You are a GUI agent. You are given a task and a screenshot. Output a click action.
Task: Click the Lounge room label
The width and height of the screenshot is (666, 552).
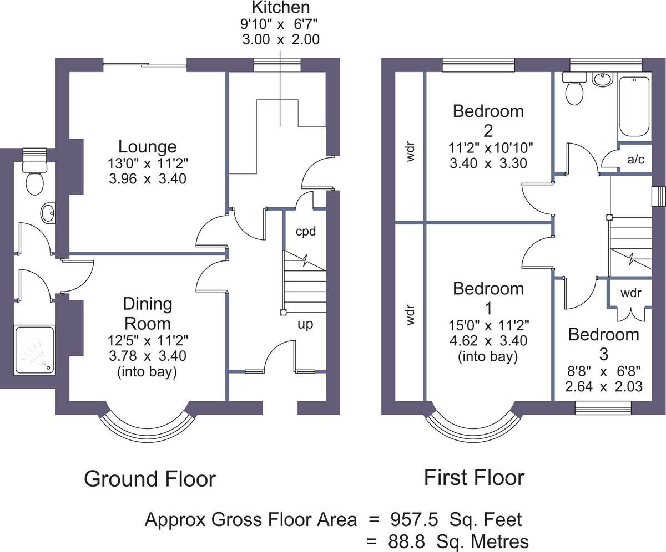point(148,147)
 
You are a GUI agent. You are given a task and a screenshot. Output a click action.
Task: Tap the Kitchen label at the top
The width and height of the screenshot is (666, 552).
point(281,7)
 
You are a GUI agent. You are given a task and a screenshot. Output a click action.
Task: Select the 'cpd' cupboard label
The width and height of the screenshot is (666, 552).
point(306,232)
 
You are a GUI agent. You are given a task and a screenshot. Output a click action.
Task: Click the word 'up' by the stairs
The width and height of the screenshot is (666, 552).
point(305,325)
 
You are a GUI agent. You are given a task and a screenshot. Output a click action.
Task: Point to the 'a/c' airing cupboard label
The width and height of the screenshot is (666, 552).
point(635,159)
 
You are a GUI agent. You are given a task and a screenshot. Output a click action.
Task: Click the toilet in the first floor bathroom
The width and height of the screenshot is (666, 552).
point(574,88)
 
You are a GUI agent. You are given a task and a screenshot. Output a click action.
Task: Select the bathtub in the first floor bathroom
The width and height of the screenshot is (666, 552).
point(634,106)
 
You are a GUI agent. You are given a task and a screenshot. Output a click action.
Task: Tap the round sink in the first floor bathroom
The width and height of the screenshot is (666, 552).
point(602,79)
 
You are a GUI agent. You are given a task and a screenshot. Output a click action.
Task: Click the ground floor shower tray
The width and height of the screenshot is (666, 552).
point(34,350)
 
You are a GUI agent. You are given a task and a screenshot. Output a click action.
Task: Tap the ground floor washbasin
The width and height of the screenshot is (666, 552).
point(48,213)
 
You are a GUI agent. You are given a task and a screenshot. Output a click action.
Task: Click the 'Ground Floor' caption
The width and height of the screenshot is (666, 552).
point(150,479)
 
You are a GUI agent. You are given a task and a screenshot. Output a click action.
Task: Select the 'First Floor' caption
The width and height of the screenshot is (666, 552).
point(475,478)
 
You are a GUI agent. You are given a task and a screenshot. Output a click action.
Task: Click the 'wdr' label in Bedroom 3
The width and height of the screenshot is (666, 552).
point(631,293)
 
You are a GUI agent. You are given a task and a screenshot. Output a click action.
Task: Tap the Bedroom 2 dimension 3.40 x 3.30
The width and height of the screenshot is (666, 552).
point(488,163)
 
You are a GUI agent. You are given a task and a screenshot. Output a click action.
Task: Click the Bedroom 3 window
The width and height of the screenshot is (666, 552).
point(603,408)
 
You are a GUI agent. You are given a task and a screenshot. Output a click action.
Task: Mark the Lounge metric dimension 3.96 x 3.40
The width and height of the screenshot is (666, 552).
point(148,178)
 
